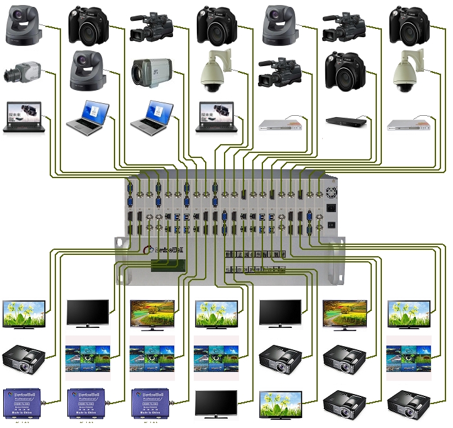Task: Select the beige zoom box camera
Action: [151, 72]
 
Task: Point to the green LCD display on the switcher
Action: [167, 267]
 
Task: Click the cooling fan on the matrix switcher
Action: [331, 186]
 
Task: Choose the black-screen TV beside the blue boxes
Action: [216, 403]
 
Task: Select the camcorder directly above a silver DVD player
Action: [280, 72]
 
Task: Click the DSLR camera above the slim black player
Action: [345, 70]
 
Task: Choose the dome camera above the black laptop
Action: [216, 74]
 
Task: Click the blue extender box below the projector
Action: [23, 403]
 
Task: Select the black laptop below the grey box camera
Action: [23, 116]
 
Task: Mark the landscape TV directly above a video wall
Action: [152, 314]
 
